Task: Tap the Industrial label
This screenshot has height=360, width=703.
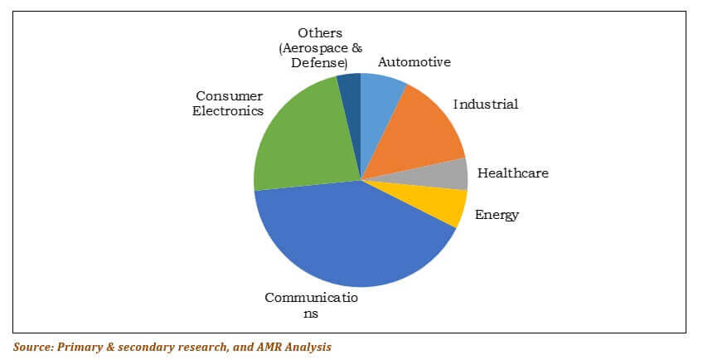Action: (486, 105)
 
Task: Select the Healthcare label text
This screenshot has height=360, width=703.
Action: (514, 173)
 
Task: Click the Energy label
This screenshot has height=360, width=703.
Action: (497, 215)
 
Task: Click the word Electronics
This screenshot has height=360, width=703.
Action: (228, 111)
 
